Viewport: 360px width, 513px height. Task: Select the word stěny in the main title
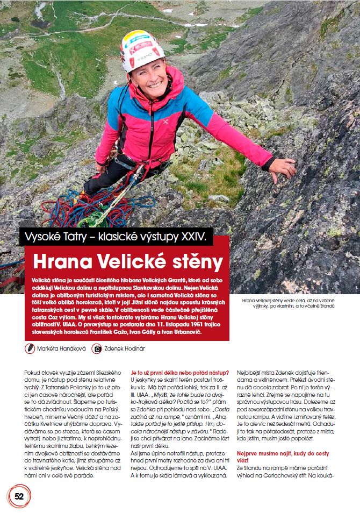point(193,262)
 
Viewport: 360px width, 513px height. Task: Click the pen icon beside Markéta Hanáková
point(30,348)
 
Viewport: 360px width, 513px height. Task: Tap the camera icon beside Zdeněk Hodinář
point(97,348)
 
